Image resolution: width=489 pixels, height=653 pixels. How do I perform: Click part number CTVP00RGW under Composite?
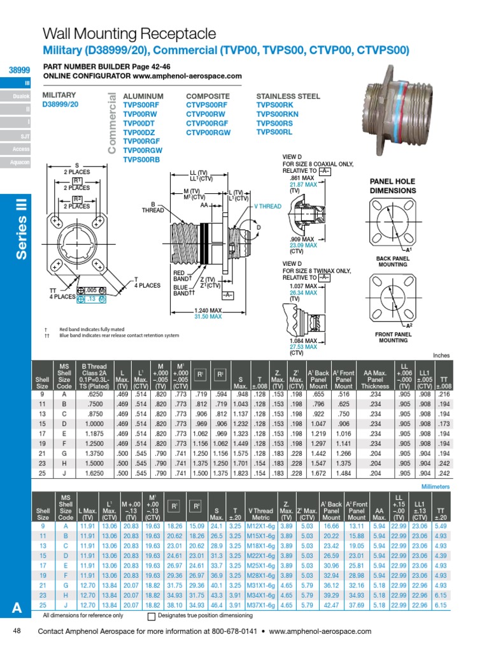coord(209,132)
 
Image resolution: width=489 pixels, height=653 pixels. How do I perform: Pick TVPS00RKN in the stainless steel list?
coord(278,114)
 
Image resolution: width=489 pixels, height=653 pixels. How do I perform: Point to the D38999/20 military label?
coord(60,104)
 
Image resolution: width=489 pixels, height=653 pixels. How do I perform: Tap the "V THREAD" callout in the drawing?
coord(267,207)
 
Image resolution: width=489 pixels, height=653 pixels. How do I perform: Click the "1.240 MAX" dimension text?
coord(207,310)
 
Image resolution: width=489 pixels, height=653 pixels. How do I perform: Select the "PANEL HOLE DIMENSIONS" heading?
coord(393,186)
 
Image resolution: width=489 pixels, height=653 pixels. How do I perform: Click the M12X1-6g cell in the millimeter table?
coord(260,527)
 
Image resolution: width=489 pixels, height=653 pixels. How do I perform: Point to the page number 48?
coord(17,631)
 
